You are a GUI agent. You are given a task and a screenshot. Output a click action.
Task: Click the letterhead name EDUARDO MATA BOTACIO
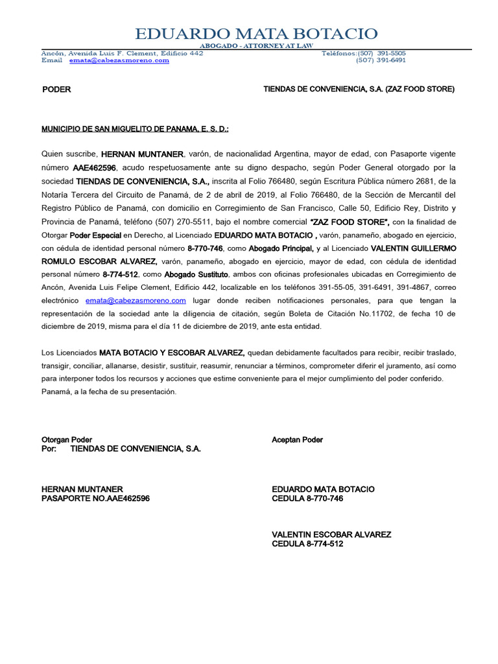click(x=256, y=34)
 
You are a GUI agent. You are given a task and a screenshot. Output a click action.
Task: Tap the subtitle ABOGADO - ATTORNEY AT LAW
click(x=256, y=46)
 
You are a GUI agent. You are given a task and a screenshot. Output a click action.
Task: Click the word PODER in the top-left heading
click(x=56, y=89)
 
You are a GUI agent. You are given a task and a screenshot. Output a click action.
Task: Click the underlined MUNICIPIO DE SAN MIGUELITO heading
click(x=135, y=129)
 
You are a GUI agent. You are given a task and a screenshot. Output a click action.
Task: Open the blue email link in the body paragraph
click(x=136, y=301)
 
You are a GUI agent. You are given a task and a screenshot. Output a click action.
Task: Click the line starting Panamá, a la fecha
click(x=108, y=392)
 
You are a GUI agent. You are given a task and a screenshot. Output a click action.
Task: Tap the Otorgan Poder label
click(x=67, y=440)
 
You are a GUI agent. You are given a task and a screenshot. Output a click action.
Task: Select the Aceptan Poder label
click(x=297, y=440)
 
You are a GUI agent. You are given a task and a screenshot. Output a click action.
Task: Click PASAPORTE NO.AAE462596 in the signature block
click(x=95, y=499)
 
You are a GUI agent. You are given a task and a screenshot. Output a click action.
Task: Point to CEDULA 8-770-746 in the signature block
click(x=307, y=499)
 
